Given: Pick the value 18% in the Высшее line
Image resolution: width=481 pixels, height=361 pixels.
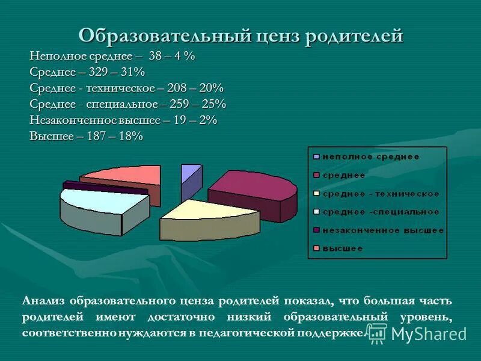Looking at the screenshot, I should click(130, 136).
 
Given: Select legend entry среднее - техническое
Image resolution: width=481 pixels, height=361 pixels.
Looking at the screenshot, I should click(381, 194).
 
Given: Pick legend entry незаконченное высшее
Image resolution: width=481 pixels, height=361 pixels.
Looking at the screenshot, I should click(382, 230).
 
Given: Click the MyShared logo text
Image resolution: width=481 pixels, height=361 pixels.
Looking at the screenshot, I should click(429, 334).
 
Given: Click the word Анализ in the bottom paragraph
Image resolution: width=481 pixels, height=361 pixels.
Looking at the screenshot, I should click(44, 300).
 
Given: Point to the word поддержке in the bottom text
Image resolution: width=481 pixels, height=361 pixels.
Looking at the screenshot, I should click(333, 332).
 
